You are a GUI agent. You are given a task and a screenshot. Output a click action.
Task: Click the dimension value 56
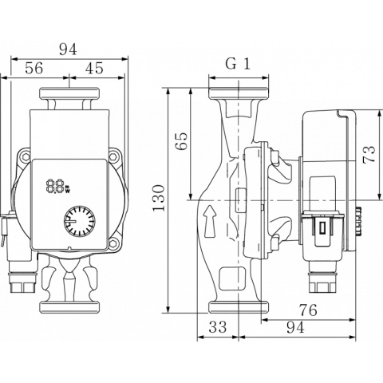(34, 68)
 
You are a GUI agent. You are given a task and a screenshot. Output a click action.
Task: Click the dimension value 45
(94, 68)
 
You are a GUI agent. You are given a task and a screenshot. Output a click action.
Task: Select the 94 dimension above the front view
(68, 49)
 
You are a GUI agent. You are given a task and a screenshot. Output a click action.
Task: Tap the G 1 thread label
(238, 64)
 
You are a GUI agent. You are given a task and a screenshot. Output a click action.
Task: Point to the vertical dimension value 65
(182, 141)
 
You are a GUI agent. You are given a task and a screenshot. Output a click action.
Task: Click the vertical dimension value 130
(159, 198)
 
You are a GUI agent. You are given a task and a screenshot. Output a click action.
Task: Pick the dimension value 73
(369, 154)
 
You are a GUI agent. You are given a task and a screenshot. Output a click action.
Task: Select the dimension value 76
(308, 310)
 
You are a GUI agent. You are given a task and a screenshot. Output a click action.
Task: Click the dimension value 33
(218, 327)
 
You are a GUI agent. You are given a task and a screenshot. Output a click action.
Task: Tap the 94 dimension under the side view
(295, 327)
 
